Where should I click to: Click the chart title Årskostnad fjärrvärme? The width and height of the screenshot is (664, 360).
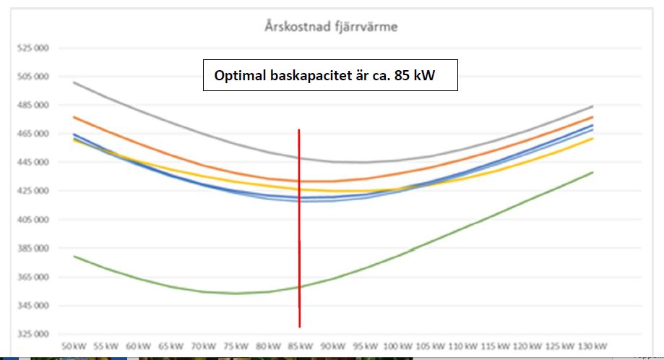pyautogui.click(x=331, y=27)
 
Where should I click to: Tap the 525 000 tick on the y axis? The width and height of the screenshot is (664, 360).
pyautogui.click(x=33, y=48)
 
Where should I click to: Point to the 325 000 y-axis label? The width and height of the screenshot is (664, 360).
pyautogui.click(x=33, y=334)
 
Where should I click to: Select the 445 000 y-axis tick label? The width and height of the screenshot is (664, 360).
pyautogui.click(x=33, y=162)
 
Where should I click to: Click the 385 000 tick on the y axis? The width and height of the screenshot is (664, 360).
pyautogui.click(x=33, y=248)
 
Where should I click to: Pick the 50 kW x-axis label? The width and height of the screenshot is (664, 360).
pyautogui.click(x=74, y=346)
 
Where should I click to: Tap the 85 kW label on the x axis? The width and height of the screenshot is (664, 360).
pyautogui.click(x=301, y=346)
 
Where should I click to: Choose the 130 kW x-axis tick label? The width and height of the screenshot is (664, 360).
pyautogui.click(x=592, y=346)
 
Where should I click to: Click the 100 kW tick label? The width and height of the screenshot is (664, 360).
pyautogui.click(x=397, y=346)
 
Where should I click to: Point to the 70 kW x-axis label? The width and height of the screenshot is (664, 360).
pyautogui.click(x=203, y=346)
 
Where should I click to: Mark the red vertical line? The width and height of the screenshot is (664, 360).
pyautogui.click(x=299, y=228)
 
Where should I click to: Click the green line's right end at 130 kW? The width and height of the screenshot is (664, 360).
pyautogui.click(x=592, y=172)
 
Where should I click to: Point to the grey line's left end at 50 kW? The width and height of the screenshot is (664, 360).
pyautogui.click(x=74, y=82)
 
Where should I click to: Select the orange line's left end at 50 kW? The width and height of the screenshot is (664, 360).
pyautogui.click(x=74, y=116)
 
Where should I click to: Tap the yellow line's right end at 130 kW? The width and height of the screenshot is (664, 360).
pyautogui.click(x=592, y=139)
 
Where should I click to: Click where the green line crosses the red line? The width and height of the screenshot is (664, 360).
pyautogui.click(x=299, y=287)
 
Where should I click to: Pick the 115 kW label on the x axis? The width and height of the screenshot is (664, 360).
pyautogui.click(x=495, y=346)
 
